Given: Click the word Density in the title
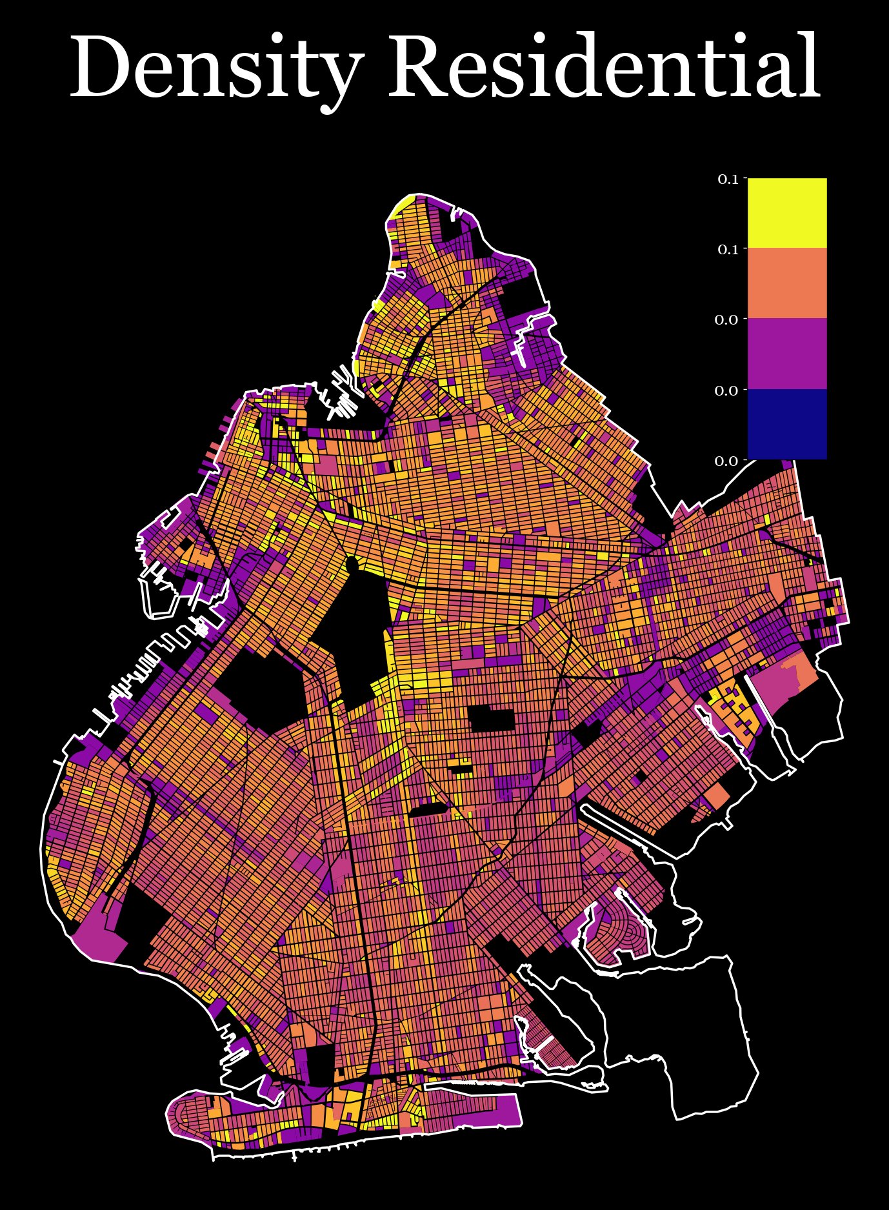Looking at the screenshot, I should coord(213,68).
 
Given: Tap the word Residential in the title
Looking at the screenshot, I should coord(603,68).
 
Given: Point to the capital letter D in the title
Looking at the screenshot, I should coord(103,68).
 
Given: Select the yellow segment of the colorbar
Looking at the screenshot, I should coord(786,213).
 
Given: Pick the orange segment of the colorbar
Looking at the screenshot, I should coord(786,283).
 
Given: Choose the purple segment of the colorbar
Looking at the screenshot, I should coord(786,354).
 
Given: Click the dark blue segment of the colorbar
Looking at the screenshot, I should coord(786,424).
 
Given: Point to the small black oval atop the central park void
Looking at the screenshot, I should coord(352,565).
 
